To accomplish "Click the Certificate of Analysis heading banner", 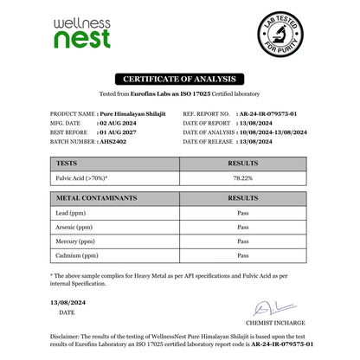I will pos(179,81).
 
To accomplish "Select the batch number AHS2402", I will pos(118,138).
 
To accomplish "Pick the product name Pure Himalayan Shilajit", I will pos(131,114).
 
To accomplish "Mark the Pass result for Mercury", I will pos(243,242).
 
